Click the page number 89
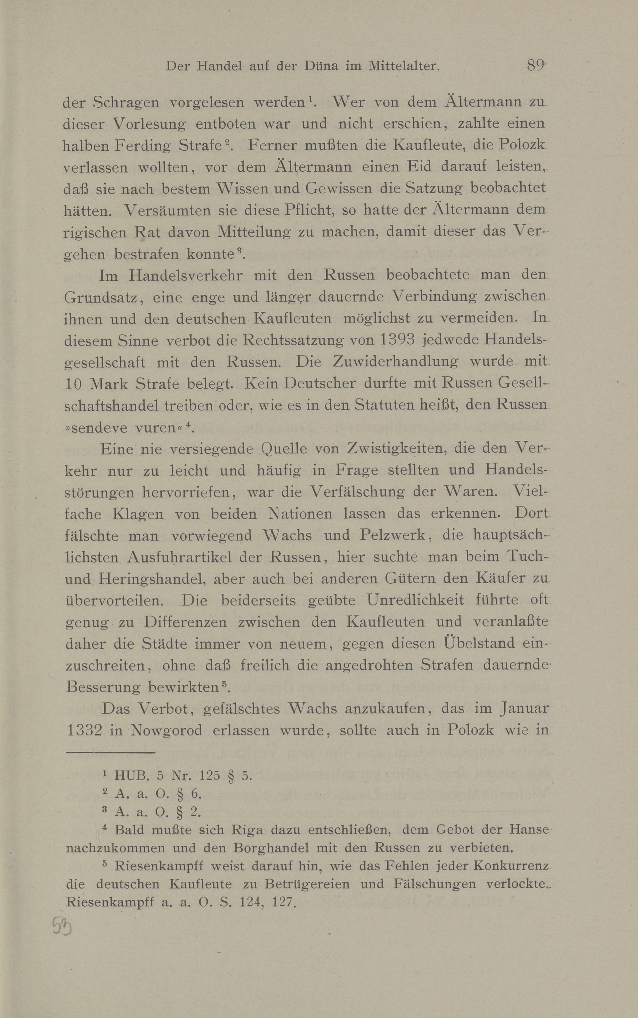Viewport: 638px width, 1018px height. (535, 66)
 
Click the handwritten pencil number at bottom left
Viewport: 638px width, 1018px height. (62, 927)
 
